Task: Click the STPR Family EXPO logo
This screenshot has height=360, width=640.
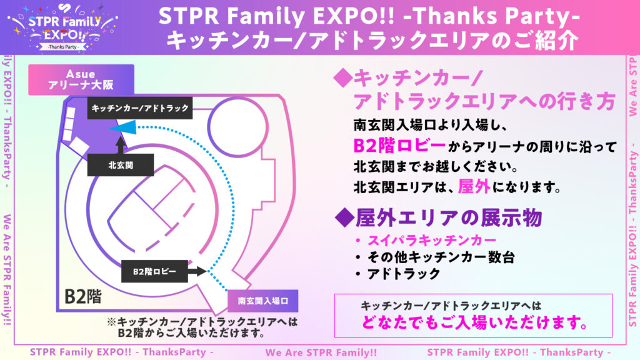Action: [63, 27]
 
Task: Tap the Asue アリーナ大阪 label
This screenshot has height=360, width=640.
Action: [81, 79]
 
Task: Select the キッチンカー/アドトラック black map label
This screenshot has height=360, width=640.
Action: [140, 108]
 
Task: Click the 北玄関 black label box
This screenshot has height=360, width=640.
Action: [121, 165]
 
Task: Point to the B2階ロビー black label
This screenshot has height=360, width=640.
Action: [154, 271]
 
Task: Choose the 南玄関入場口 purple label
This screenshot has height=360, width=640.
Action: [263, 301]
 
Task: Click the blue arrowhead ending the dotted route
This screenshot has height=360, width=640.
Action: [123, 127]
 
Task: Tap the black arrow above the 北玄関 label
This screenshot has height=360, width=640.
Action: [121, 145]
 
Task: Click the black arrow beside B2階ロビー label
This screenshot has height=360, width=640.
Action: [197, 271]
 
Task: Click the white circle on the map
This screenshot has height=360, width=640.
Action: [237, 126]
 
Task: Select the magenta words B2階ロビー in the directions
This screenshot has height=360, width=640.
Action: [399, 146]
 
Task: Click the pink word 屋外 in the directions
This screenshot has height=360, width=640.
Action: [474, 187]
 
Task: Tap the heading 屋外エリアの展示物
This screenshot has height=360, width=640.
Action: [449, 217]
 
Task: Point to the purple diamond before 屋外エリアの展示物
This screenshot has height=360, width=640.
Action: [345, 217]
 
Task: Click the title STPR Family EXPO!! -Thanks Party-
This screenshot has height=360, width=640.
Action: [369, 16]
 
